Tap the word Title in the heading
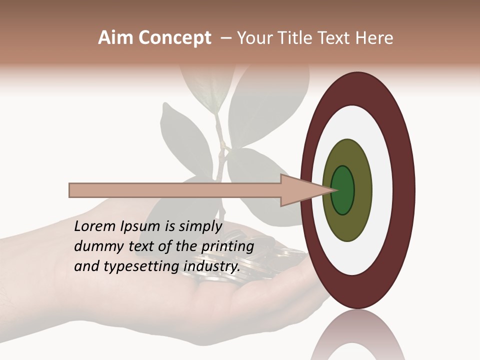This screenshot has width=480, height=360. point(297,38)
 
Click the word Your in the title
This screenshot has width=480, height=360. point(255,38)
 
